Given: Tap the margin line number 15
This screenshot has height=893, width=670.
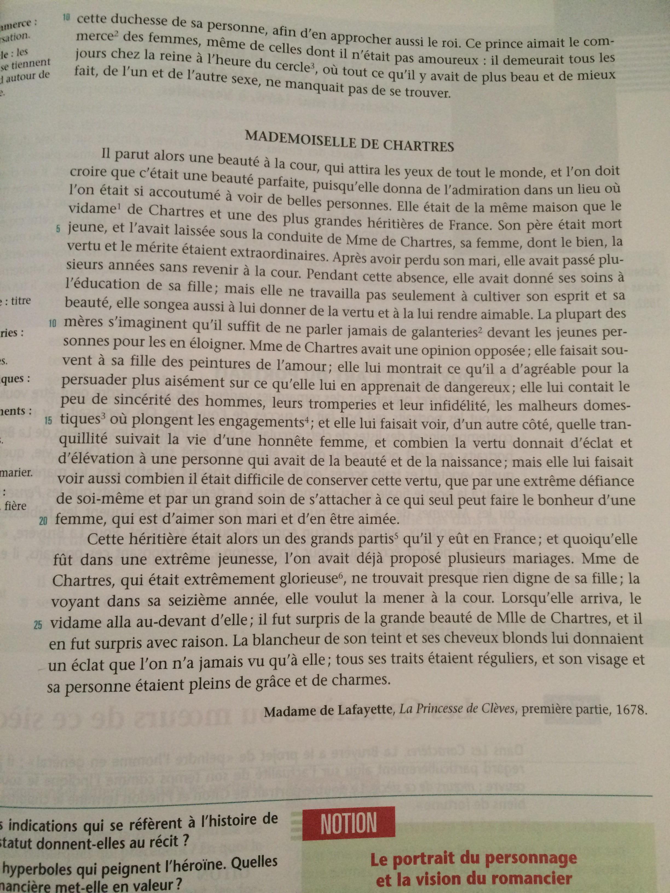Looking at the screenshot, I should (48, 422).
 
